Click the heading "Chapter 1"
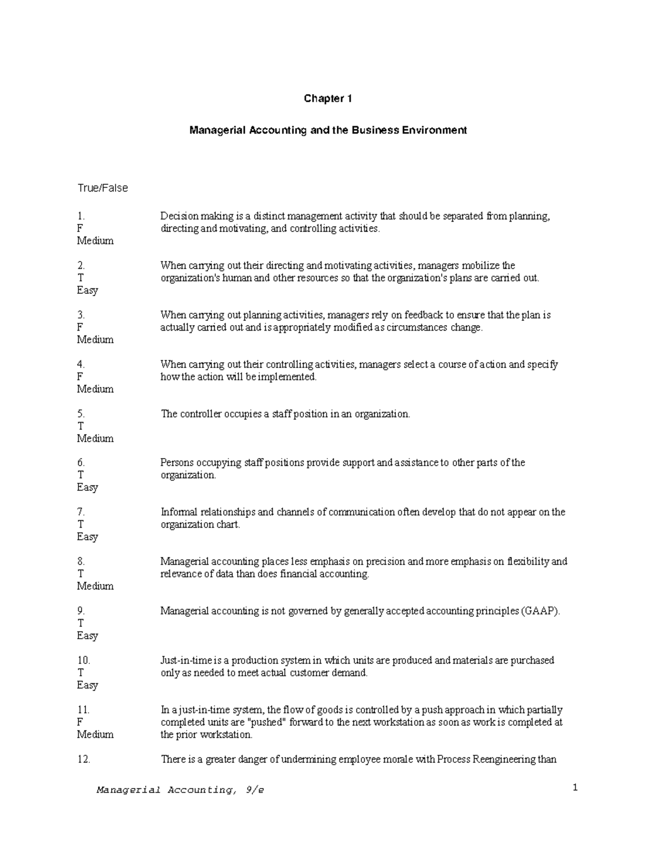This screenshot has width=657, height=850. coord(327,99)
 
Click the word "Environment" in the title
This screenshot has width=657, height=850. coord(436,130)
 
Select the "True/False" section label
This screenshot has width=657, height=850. coord(102,188)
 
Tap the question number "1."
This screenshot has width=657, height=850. coord(82,216)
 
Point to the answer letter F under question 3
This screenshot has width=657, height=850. coord(80,327)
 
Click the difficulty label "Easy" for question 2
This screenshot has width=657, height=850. coord(88,290)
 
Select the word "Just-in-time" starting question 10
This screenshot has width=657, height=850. coord(186,661)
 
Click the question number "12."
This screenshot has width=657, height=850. coord(84,759)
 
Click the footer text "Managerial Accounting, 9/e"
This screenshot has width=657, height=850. coord(180,790)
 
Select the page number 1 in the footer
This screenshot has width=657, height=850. coord(575,788)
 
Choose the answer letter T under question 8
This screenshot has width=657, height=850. coord(80,574)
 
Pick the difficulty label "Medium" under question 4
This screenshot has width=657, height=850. coord(95,389)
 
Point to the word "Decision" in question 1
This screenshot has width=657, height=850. coord(179,216)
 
